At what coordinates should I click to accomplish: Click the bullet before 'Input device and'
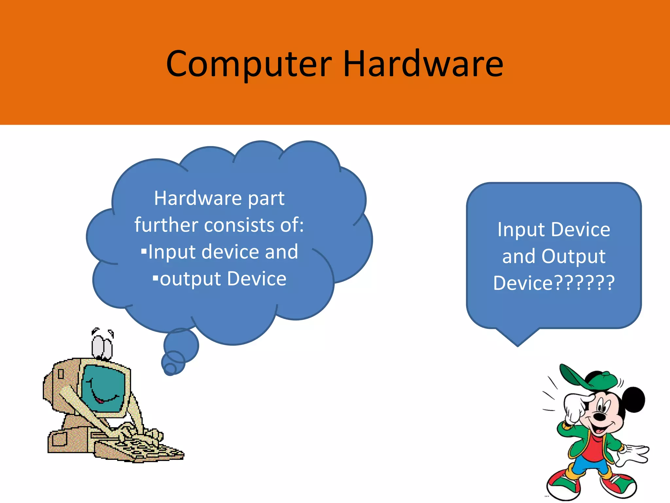tap(144, 251)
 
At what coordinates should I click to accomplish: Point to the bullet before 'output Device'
tap(155, 279)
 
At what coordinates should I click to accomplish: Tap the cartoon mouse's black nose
tap(599, 417)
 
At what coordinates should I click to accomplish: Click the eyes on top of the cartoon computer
tap(102, 347)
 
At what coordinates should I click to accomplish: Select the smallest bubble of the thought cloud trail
tap(170, 369)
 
